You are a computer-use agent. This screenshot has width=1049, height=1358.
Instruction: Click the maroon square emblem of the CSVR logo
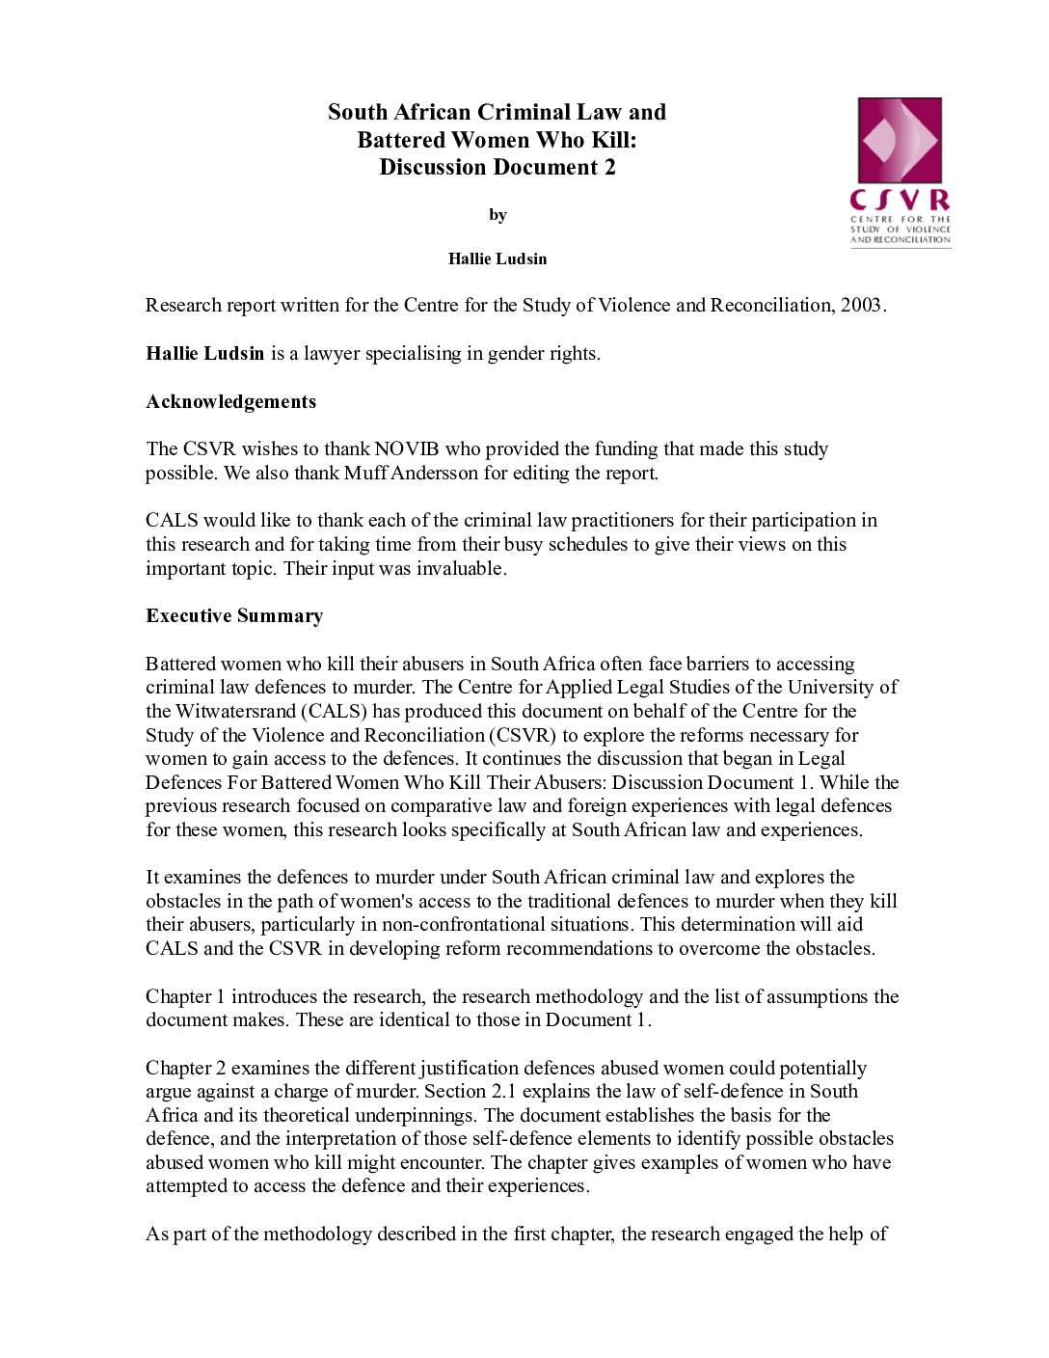(900, 140)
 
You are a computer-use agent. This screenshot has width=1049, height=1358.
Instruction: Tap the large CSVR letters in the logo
(900, 201)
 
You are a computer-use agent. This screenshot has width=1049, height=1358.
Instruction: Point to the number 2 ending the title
(609, 167)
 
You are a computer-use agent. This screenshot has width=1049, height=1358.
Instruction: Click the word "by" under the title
(498, 214)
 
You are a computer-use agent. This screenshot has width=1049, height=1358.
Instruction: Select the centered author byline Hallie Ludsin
(498, 258)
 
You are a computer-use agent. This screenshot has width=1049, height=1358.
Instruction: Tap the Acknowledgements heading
(230, 401)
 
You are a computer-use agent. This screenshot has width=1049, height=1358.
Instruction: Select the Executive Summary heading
(234, 615)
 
